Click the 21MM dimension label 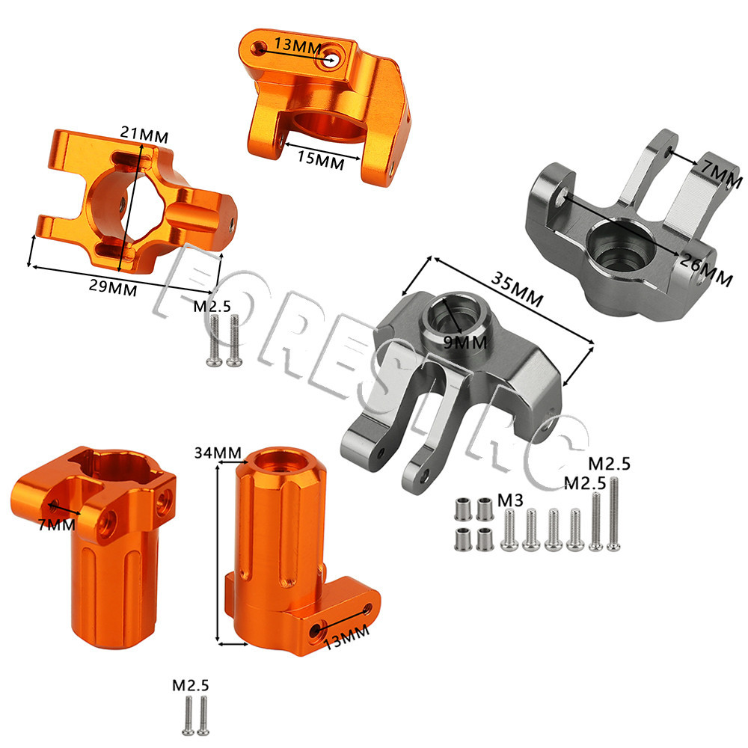(x=144, y=135)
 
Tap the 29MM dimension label (x=113, y=288)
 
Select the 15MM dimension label (x=321, y=160)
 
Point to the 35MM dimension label (x=517, y=289)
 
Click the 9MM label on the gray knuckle (x=465, y=342)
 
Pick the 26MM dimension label (x=707, y=269)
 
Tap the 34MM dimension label (x=218, y=453)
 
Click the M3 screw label (x=510, y=500)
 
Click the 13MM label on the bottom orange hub (x=347, y=637)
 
